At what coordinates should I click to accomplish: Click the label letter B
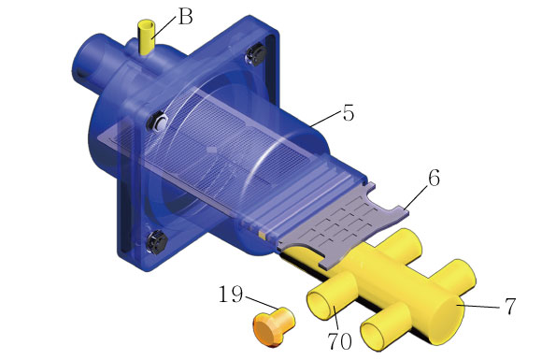[x=185, y=16]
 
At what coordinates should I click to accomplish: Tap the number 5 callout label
[x=348, y=113]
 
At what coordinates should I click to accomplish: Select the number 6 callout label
[x=434, y=178]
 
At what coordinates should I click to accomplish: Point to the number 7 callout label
[x=510, y=307]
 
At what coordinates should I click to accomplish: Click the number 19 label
[x=231, y=294]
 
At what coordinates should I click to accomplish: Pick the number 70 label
[x=339, y=341]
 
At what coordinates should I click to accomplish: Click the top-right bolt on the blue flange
[x=257, y=54]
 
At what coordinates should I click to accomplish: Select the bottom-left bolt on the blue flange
[x=156, y=241]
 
